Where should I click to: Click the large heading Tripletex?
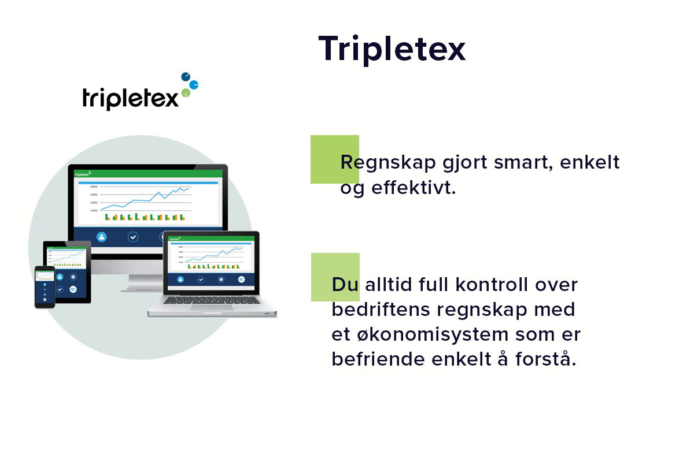pyautogui.click(x=392, y=49)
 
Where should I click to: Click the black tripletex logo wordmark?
pyautogui.click(x=131, y=98)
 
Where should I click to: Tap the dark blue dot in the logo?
pyautogui.click(x=186, y=76)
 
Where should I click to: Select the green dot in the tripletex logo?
pyautogui.click(x=185, y=92)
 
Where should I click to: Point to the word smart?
pyautogui.click(x=520, y=163)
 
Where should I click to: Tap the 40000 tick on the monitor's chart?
pyautogui.click(x=93, y=187)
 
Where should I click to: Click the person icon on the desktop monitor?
pyautogui.click(x=102, y=237)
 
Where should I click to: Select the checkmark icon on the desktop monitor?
pyautogui.click(x=133, y=237)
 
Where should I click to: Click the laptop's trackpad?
pyautogui.click(x=212, y=308)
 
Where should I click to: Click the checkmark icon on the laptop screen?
pyautogui.click(x=201, y=280)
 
